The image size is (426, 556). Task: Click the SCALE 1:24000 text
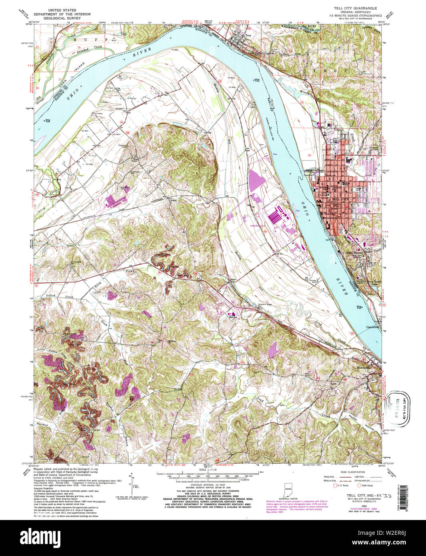(208, 480)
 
